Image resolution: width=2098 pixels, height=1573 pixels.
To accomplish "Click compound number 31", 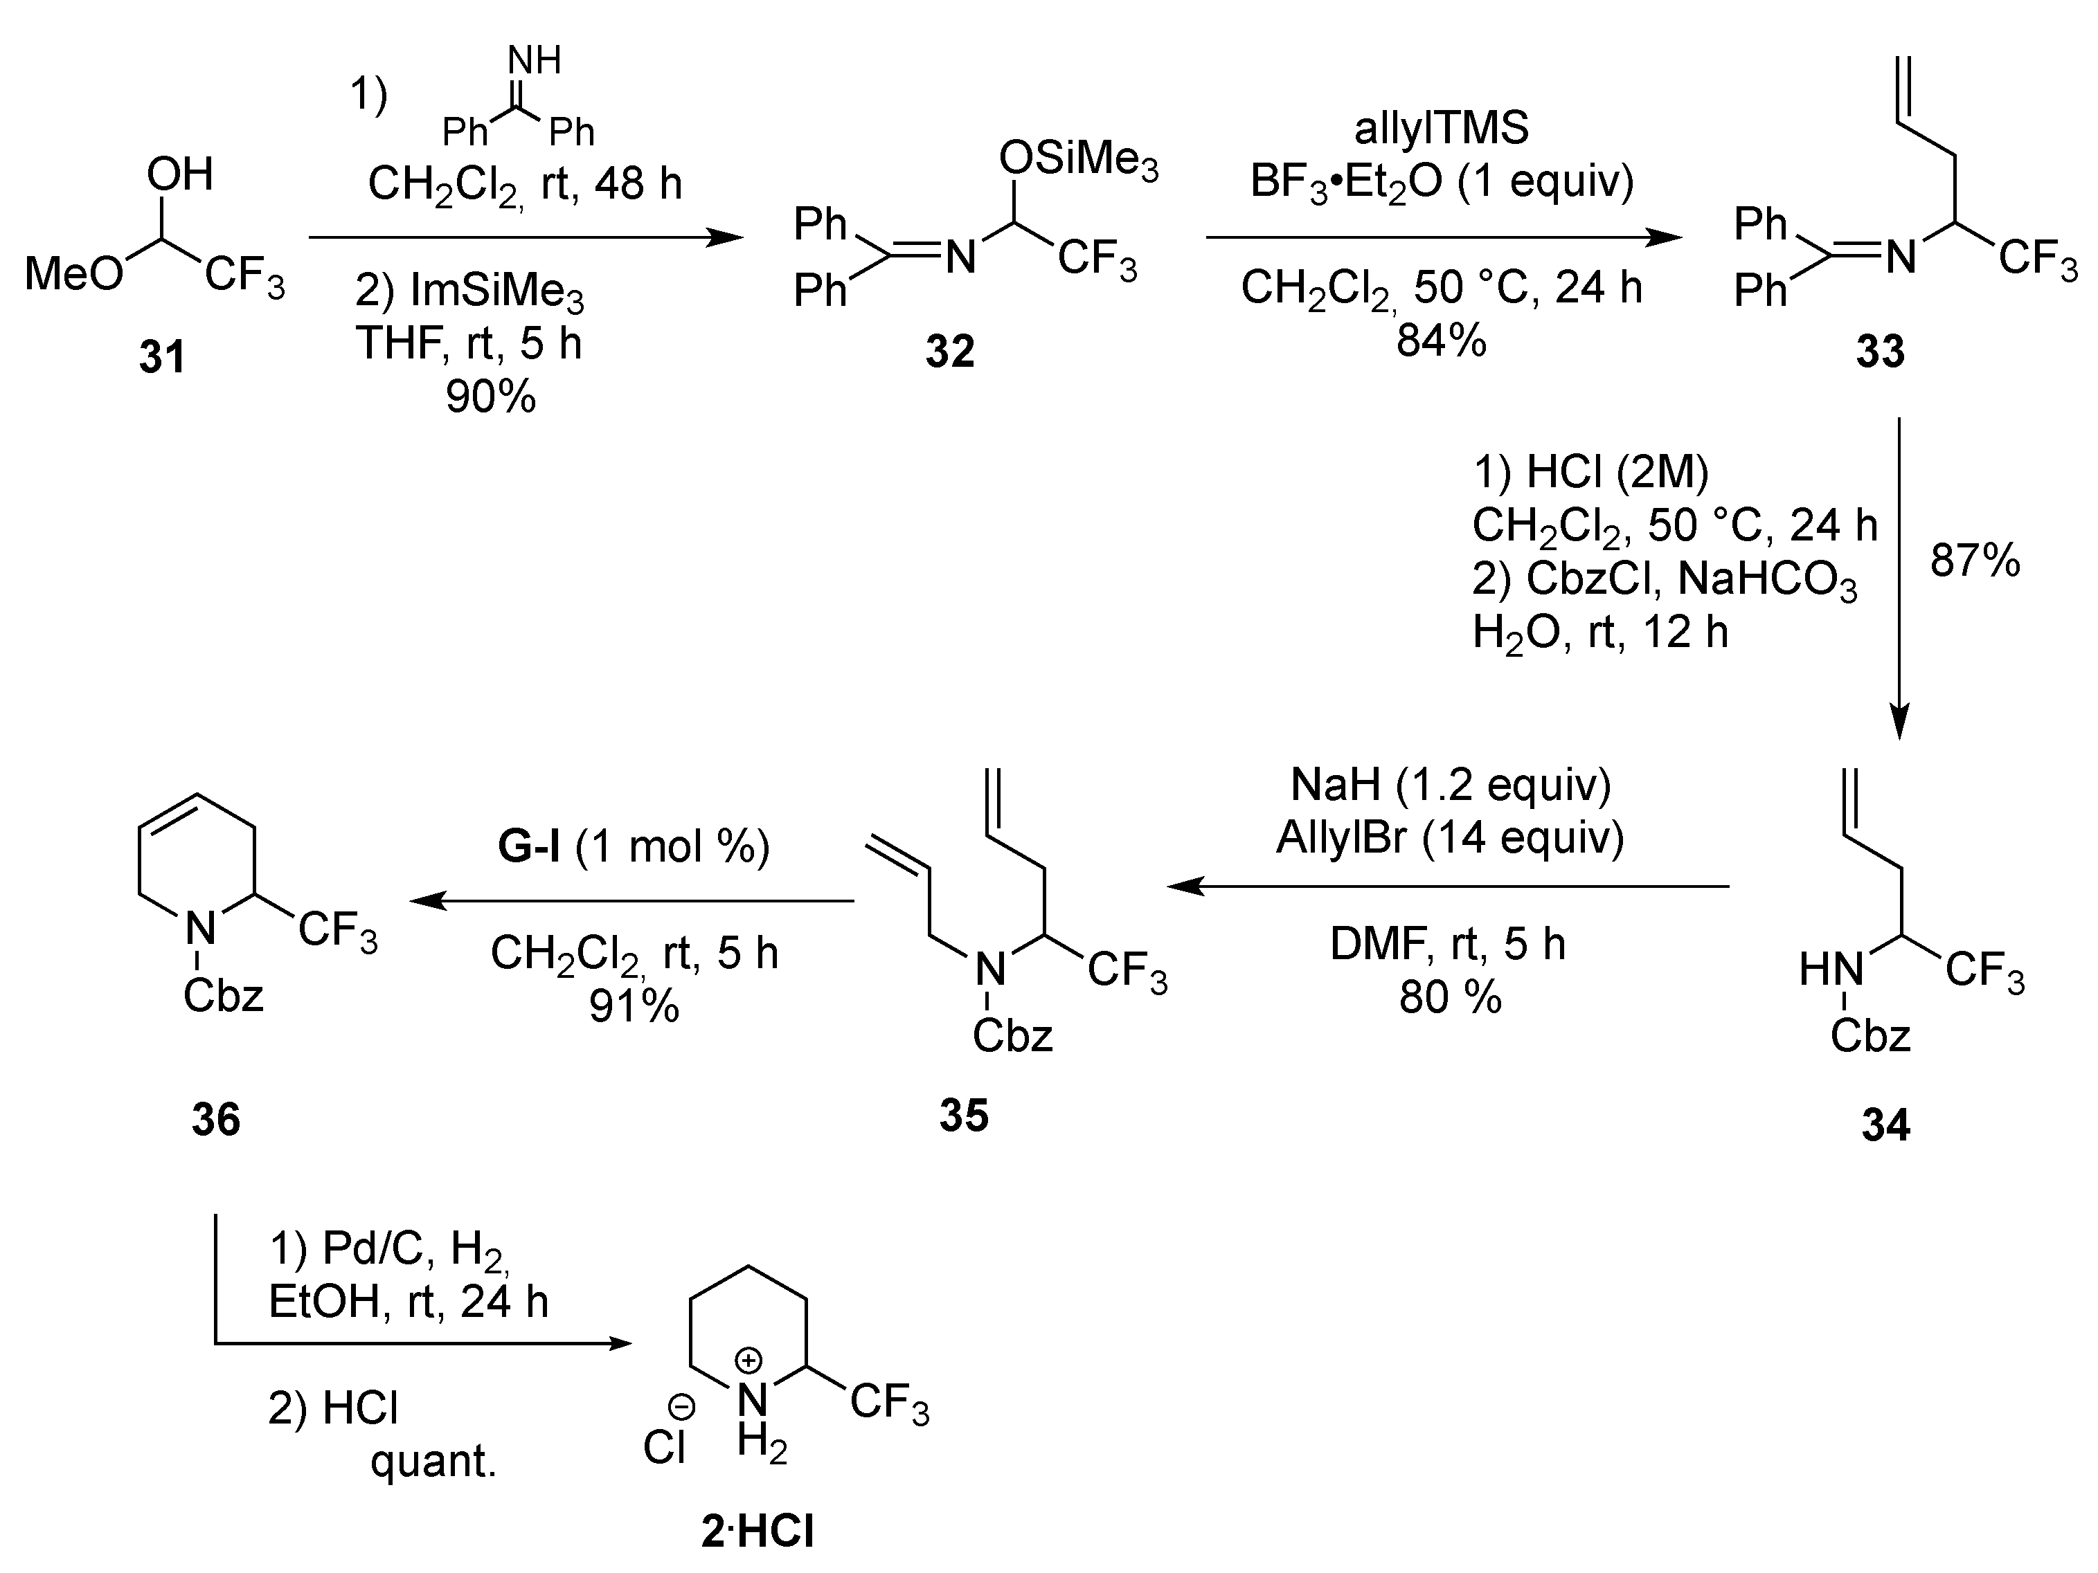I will (162, 358).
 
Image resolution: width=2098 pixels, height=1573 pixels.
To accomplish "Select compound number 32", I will (949, 352).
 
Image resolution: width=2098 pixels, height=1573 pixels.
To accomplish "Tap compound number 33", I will (1880, 352).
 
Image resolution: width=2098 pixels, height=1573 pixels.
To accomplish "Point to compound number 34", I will (1885, 1125).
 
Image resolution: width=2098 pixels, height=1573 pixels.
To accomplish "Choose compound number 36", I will (216, 1120).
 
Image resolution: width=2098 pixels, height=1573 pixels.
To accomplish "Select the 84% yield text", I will (1441, 339).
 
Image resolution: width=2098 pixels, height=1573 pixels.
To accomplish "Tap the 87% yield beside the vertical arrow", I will (1975, 561).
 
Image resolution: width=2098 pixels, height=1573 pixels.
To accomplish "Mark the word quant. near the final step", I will (433, 1461).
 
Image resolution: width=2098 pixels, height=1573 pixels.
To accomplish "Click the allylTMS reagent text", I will (1442, 128).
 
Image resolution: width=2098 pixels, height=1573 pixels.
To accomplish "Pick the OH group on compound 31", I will (179, 175).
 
